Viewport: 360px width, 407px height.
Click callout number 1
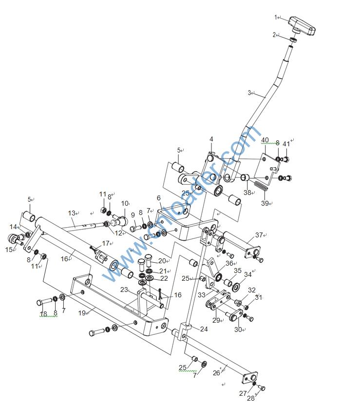pos(276,18)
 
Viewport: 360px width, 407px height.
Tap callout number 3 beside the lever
pos(249,93)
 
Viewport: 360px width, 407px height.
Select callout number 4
pos(211,139)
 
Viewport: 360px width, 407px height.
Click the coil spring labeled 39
pos(261,186)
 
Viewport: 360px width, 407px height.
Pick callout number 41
pos(286,143)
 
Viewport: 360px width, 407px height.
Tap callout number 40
pos(265,140)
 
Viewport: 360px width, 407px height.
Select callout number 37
pos(259,235)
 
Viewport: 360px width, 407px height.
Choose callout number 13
pos(72,213)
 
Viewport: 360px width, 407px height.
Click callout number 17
pos(105,243)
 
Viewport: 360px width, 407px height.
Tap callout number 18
pos(43,314)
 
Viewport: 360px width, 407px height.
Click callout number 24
pos(204,329)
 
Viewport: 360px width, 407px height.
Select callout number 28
pos(250,398)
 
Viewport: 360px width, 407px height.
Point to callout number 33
pos(201,295)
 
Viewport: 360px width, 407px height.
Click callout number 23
pos(124,290)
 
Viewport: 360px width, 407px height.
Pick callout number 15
pos(9,249)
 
